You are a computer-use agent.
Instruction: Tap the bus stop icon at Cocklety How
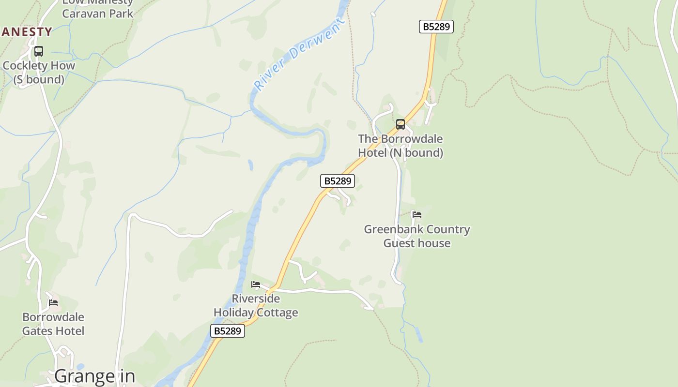click(39, 51)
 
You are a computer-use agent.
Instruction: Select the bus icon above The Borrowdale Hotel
click(401, 124)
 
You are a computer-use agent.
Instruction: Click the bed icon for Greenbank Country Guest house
click(416, 214)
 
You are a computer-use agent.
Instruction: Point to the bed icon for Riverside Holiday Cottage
click(256, 284)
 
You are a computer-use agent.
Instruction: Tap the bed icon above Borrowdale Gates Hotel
click(53, 303)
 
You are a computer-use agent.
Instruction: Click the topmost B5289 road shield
click(436, 27)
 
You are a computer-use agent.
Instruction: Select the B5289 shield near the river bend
click(338, 181)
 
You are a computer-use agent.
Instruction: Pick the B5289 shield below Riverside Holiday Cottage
click(228, 331)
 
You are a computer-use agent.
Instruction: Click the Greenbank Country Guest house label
click(417, 236)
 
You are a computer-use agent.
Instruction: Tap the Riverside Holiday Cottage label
click(256, 305)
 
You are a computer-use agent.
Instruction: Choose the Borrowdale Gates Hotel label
click(53, 324)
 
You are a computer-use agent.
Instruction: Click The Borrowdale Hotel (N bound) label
click(401, 146)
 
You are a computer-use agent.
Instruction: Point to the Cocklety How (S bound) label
click(39, 72)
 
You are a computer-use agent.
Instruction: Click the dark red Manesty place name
click(26, 32)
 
